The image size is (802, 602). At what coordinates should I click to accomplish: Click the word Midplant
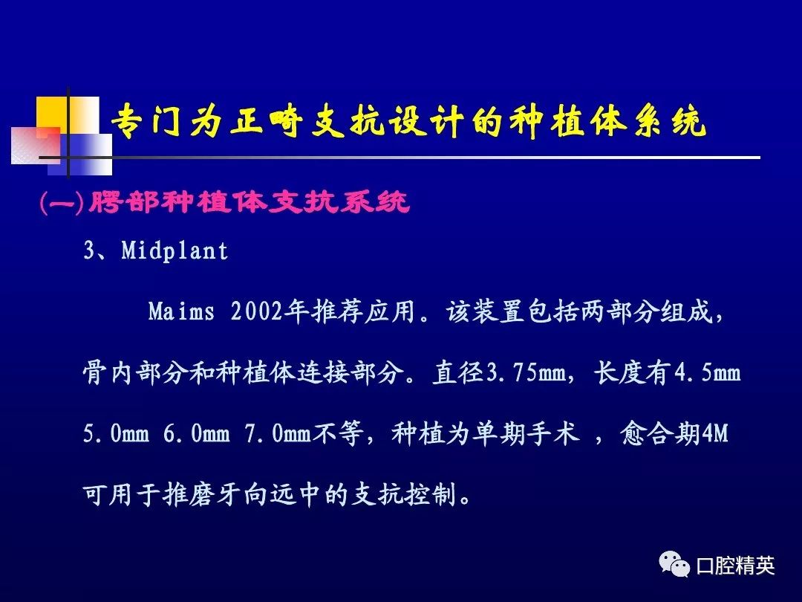click(x=175, y=251)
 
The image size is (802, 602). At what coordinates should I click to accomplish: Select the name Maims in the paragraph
click(x=181, y=311)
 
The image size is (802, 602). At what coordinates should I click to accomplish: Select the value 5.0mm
click(x=116, y=433)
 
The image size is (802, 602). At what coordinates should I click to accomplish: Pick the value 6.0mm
click(x=196, y=433)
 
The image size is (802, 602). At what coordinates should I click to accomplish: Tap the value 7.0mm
click(x=278, y=433)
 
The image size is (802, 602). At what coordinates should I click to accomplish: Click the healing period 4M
click(x=714, y=433)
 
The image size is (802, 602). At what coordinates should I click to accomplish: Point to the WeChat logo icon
click(x=674, y=564)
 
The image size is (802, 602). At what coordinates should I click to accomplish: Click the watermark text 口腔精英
click(x=735, y=566)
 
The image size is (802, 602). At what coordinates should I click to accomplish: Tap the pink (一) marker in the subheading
click(x=62, y=203)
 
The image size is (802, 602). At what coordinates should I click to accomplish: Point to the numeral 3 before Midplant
click(x=90, y=251)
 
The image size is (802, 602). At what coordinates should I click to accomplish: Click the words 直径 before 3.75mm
click(x=458, y=372)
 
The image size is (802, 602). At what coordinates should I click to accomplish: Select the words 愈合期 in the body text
click(x=660, y=433)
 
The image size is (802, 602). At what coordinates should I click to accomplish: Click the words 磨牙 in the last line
click(x=217, y=494)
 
